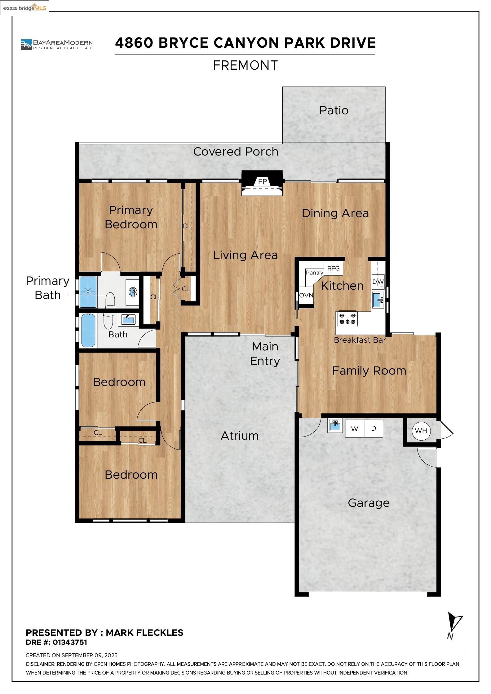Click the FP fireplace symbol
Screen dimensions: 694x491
click(x=262, y=181)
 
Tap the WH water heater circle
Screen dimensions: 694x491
click(x=421, y=431)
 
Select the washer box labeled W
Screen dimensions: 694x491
click(x=354, y=429)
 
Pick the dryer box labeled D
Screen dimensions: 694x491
click(x=374, y=428)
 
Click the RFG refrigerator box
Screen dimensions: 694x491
click(x=333, y=268)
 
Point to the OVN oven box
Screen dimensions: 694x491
click(x=306, y=296)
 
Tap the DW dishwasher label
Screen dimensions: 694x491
click(x=378, y=282)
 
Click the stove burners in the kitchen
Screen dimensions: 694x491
click(x=347, y=319)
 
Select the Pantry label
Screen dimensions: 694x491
click(x=314, y=273)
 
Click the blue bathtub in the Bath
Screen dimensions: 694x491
click(x=88, y=330)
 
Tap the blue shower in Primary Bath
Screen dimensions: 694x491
click(x=88, y=292)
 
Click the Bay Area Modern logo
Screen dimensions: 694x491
click(x=57, y=44)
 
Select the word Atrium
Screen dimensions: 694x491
click(x=240, y=436)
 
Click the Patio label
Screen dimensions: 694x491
click(x=334, y=111)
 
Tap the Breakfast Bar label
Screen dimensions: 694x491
click(x=360, y=340)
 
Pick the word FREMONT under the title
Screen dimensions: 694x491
click(x=245, y=65)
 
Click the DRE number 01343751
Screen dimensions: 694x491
click(x=70, y=642)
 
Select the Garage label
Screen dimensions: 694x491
click(x=369, y=503)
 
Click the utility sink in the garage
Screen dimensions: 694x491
click(x=335, y=425)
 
